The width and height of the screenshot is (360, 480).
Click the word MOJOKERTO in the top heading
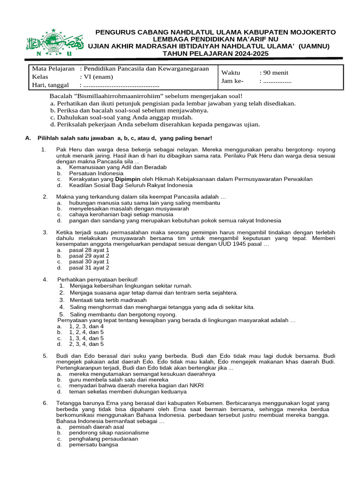(313, 32)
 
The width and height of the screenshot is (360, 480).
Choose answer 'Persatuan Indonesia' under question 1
(96, 173)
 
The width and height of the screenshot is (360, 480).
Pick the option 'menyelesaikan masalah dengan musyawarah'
(126, 209)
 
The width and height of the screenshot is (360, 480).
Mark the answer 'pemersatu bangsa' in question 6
(94, 445)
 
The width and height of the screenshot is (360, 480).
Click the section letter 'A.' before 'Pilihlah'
(28, 138)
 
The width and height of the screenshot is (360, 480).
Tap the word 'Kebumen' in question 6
(209, 403)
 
